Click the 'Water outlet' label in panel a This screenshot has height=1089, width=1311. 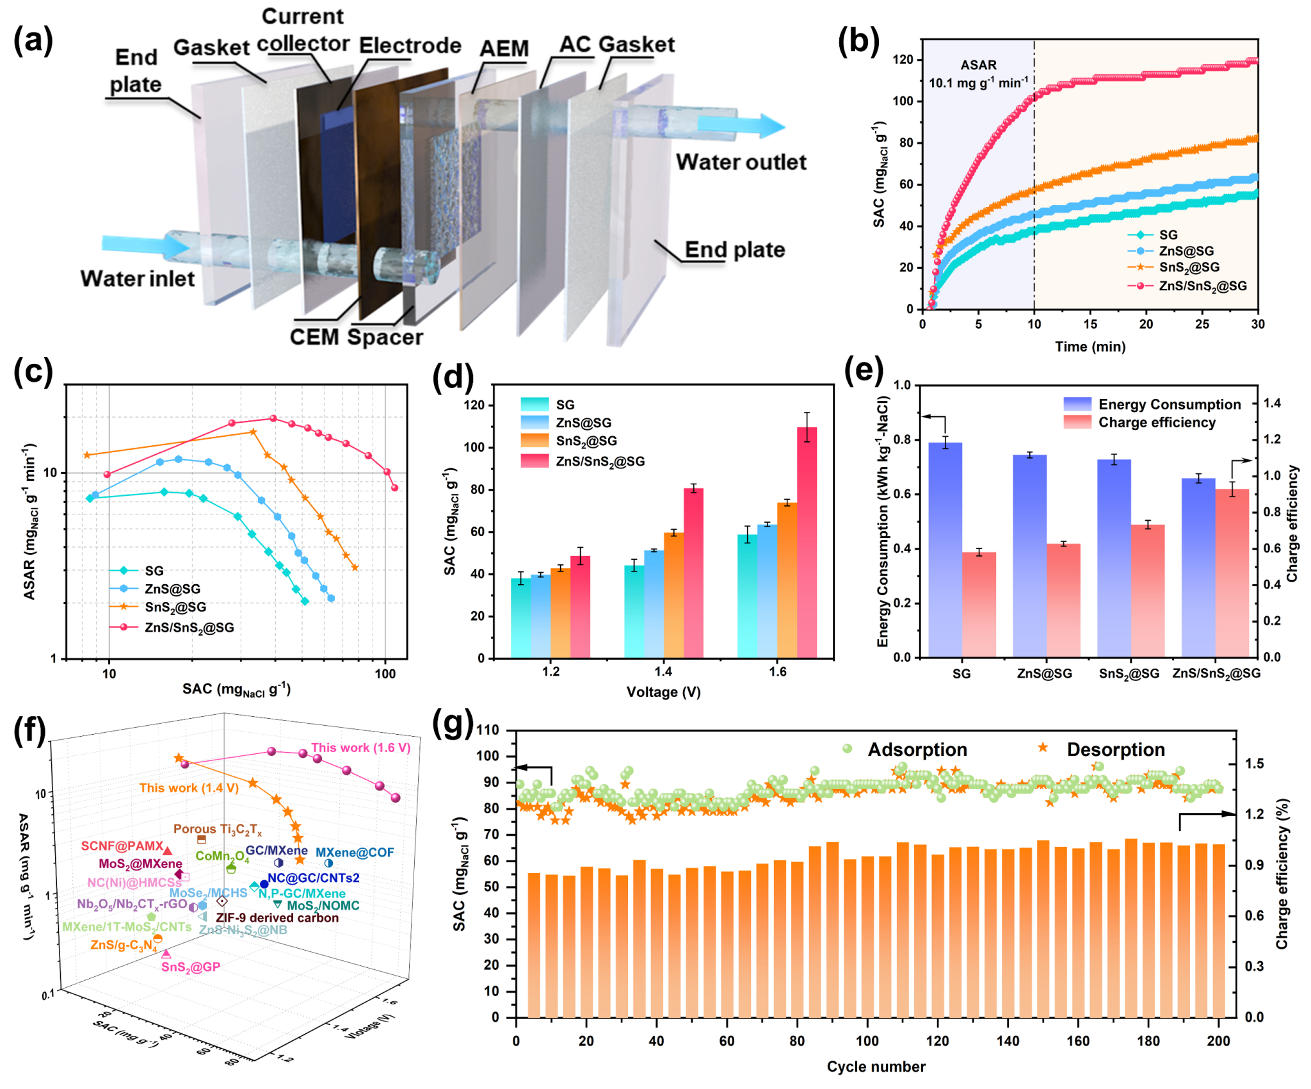coord(741,162)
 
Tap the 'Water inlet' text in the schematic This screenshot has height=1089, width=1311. coord(137,279)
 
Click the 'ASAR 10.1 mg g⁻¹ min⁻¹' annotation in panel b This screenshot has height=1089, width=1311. coord(978,74)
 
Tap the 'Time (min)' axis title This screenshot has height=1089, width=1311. coord(1090,347)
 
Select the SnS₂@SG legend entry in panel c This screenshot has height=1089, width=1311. coord(175,607)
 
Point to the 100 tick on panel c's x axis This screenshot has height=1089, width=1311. coord(385,673)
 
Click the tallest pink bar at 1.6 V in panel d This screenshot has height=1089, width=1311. coord(807,541)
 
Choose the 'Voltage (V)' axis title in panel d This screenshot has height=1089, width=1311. coord(663,692)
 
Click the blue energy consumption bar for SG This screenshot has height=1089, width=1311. coord(945,549)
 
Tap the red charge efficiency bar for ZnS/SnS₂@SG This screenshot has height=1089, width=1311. coord(1232,572)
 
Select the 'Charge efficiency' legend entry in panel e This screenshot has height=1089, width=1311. coord(1156,423)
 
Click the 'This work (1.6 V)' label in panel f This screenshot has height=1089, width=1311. coord(360,748)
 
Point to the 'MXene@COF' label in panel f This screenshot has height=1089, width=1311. coord(355,853)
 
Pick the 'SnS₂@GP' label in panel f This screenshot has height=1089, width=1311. coord(191,967)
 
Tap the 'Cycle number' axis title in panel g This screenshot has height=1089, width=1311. coord(876,1067)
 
